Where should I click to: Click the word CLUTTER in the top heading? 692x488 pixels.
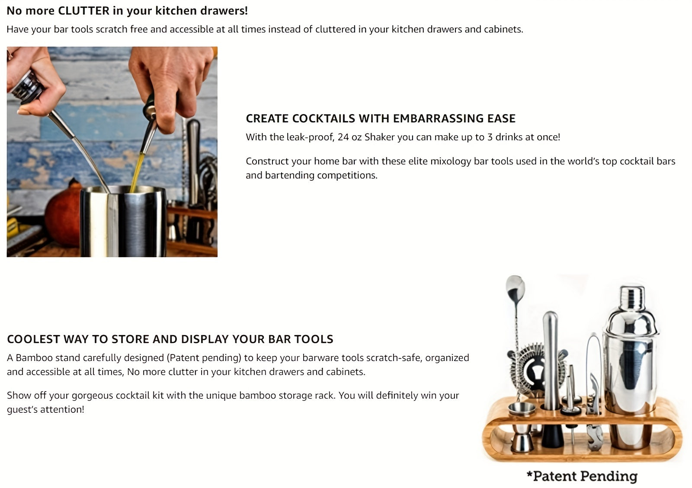[x=83, y=11]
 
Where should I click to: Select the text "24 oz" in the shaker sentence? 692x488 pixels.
[x=349, y=137]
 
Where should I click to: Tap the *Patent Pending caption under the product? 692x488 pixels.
[x=582, y=476]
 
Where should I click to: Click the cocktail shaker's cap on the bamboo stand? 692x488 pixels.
[x=632, y=298]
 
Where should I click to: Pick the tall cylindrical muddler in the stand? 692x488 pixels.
[x=551, y=359]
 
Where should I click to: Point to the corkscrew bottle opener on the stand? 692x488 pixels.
[x=595, y=415]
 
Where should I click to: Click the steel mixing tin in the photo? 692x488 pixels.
[x=123, y=220]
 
